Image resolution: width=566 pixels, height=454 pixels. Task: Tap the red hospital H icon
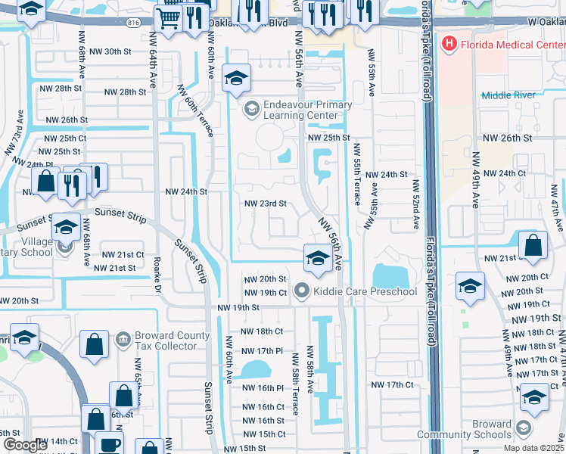click(x=449, y=43)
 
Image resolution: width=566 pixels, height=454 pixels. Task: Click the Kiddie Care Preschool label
click(x=365, y=291)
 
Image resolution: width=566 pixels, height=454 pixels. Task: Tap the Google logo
click(x=24, y=445)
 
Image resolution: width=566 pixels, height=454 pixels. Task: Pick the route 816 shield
click(x=134, y=23)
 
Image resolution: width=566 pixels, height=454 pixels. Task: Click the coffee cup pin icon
click(x=109, y=443)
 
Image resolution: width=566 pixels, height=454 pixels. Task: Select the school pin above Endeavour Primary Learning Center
click(x=237, y=78)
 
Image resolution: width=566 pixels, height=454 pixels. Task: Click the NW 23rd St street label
click(x=265, y=204)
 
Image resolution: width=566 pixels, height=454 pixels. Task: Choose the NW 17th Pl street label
click(x=261, y=351)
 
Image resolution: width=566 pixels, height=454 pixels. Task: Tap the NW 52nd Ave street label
click(x=415, y=204)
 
